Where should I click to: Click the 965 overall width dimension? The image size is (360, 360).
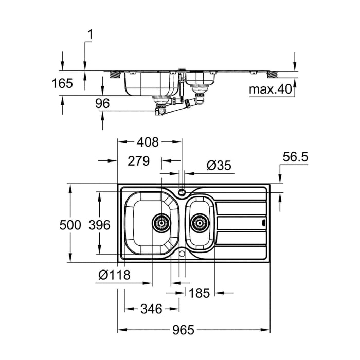tap(180, 330)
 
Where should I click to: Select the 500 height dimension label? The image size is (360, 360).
tap(70, 225)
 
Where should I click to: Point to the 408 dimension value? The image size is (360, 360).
tap(148, 141)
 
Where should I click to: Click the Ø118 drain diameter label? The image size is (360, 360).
tap(114, 276)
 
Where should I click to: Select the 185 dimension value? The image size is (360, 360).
tap(200, 293)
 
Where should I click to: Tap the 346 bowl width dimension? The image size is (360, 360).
tap(151, 309)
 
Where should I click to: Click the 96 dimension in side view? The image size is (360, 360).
tap(103, 103)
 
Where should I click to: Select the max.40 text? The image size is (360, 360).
tap(271, 90)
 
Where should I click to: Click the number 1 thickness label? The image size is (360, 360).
tap(90, 35)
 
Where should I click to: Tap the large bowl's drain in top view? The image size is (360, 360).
tap(161, 223)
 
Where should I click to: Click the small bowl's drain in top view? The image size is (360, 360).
tap(200, 223)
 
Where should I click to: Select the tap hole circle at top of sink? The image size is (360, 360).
tap(182, 193)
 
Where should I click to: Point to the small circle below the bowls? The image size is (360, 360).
tap(182, 253)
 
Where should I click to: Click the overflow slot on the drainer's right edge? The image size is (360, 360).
tap(264, 223)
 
